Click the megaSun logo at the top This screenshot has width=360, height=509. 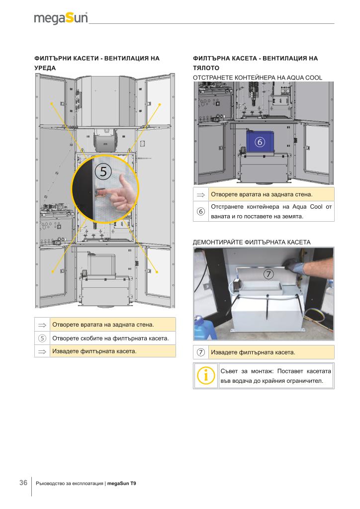click(61, 18)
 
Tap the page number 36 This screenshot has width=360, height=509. click(23, 483)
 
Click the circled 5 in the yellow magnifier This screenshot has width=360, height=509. click(103, 171)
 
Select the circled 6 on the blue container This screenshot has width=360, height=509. click(260, 142)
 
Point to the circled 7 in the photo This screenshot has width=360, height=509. click(269, 274)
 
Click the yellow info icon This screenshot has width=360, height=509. click(205, 376)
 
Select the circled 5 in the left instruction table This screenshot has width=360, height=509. click(42, 338)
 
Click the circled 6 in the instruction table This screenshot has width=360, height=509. click(201, 211)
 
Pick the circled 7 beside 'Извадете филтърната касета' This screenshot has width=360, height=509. click(201, 352)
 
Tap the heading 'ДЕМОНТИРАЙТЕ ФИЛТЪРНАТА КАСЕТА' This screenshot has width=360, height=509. click(252, 242)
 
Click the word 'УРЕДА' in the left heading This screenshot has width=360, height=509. click(45, 68)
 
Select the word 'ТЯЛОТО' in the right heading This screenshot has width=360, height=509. click(206, 68)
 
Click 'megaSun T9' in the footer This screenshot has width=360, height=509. click(121, 483)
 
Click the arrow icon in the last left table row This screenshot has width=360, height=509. click(42, 351)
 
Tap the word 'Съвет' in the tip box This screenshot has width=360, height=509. click(229, 371)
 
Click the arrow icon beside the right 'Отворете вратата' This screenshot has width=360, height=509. click(201, 195)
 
